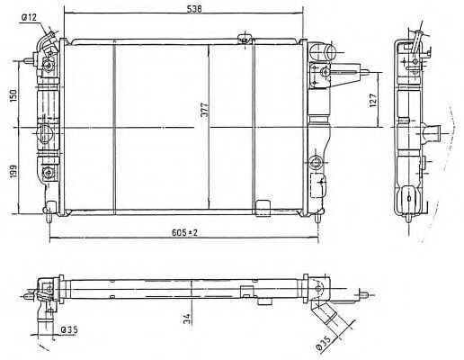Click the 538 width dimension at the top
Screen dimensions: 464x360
[194, 9]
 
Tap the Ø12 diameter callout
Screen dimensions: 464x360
[29, 18]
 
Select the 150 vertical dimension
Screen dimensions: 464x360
[13, 95]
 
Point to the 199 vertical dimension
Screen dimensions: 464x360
[13, 171]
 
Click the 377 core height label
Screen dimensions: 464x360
[205, 111]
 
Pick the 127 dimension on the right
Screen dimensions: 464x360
[372, 101]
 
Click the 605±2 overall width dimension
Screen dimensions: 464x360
[184, 232]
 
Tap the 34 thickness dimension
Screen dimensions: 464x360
[186, 319]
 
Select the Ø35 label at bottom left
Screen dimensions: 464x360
[69, 330]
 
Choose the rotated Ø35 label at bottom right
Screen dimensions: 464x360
[324, 343]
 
